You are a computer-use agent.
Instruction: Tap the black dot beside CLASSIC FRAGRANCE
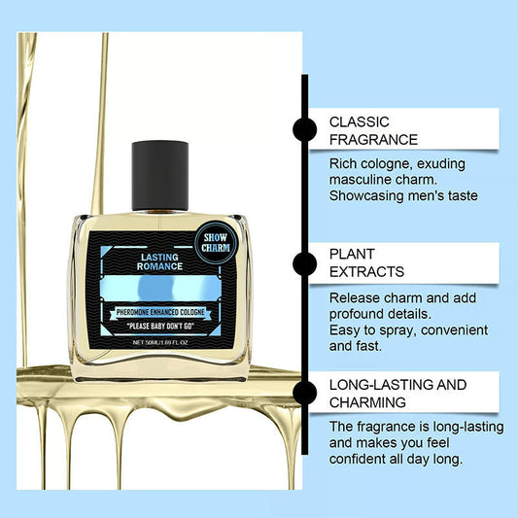pyautogui.click(x=304, y=129)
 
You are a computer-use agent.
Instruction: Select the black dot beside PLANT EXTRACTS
pyautogui.click(x=304, y=261)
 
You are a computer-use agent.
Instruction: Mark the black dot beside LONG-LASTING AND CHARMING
pyautogui.click(x=304, y=392)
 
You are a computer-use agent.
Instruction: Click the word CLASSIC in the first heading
pyautogui.click(x=360, y=121)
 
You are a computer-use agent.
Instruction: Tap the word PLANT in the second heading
pyautogui.click(x=353, y=255)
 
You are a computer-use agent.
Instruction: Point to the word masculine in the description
pyautogui.click(x=367, y=179)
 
